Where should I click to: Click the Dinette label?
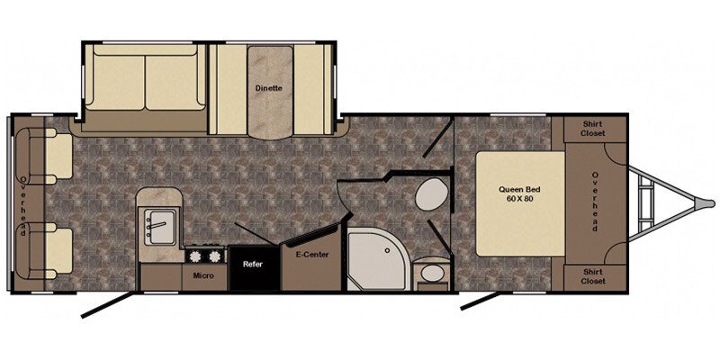point(268,88)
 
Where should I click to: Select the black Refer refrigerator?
point(254,268)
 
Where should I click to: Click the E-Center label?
point(312,255)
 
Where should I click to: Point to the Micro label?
point(203,276)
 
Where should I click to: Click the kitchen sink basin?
point(160,226)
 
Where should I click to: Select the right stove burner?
point(213,256)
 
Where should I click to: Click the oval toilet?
point(432,194)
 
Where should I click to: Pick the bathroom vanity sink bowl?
point(432,274)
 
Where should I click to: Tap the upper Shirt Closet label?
point(593,129)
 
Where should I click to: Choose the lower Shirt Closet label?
point(593,277)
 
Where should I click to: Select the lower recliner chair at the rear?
point(43,251)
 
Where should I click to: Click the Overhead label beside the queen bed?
point(595,202)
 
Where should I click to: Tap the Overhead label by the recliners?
point(22,206)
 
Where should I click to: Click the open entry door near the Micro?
point(109,304)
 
